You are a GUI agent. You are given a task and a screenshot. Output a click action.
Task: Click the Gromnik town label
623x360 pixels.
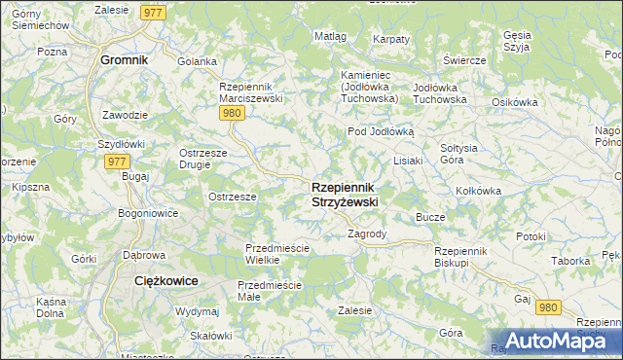[124, 59]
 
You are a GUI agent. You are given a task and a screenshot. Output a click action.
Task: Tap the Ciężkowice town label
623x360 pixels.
[165, 280]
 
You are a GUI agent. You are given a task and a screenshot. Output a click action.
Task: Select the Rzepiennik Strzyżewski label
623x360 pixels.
[345, 194]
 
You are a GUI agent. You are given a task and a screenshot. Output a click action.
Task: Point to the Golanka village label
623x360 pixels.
[197, 61]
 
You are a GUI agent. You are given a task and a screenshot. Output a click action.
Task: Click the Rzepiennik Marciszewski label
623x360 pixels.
[250, 91]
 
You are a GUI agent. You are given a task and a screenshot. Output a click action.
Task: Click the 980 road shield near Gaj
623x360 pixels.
[548, 307]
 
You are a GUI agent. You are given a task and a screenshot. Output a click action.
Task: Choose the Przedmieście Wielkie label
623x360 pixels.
[276, 254]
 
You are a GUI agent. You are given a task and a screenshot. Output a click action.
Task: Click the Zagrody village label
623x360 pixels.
[368, 234]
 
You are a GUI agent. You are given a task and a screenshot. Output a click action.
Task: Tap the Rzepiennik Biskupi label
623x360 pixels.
[465, 256]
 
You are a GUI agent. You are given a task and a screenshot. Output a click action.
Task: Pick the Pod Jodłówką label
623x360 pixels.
[382, 131]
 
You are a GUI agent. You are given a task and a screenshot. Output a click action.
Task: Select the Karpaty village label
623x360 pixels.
[391, 39]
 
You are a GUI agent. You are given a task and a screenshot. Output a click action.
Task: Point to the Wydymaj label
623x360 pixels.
[197, 311]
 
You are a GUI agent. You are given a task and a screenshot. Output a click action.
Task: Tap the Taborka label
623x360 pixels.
[569, 262]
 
